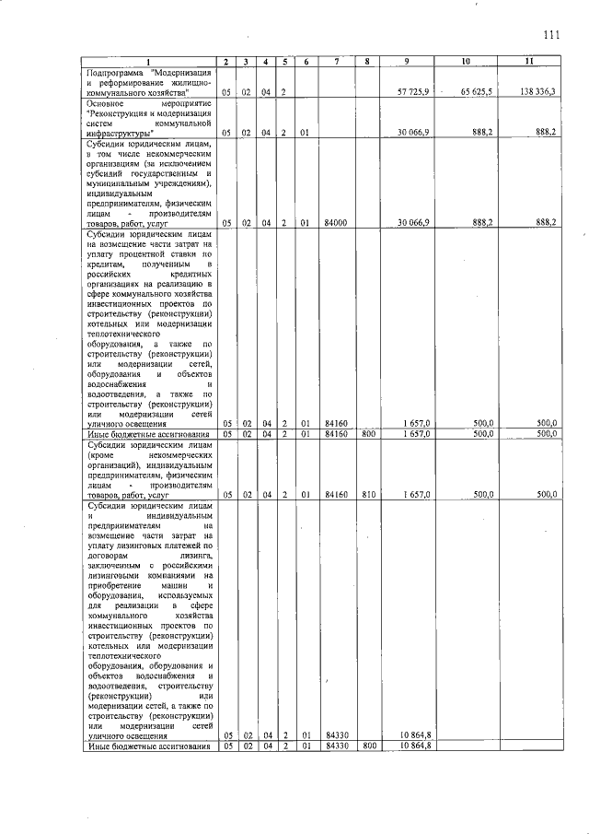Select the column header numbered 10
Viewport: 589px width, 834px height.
pyautogui.click(x=466, y=61)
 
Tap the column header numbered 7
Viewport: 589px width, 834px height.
pyautogui.click(x=337, y=61)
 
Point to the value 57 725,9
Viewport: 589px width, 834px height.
pyautogui.click(x=413, y=92)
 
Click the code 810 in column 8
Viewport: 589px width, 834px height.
pyautogui.click(x=367, y=494)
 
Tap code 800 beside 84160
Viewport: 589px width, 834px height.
pyautogui.click(x=367, y=433)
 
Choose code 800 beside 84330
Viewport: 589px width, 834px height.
pyautogui.click(x=367, y=746)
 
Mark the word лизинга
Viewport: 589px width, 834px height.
pyautogui.click(x=195, y=556)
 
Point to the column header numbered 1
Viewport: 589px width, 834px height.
pyautogui.click(x=150, y=61)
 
